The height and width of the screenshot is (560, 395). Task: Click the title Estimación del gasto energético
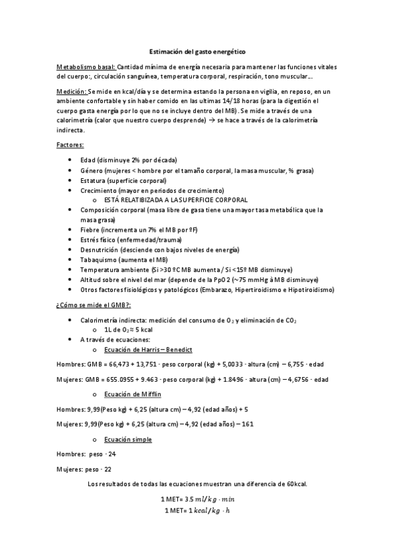(x=197, y=51)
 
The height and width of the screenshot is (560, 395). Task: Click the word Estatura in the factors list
(x=93, y=180)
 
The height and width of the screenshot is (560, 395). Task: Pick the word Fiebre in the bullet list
(x=90, y=229)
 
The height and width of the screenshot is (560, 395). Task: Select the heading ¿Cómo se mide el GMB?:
(x=93, y=305)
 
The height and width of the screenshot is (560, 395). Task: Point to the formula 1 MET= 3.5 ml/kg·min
(x=197, y=499)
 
